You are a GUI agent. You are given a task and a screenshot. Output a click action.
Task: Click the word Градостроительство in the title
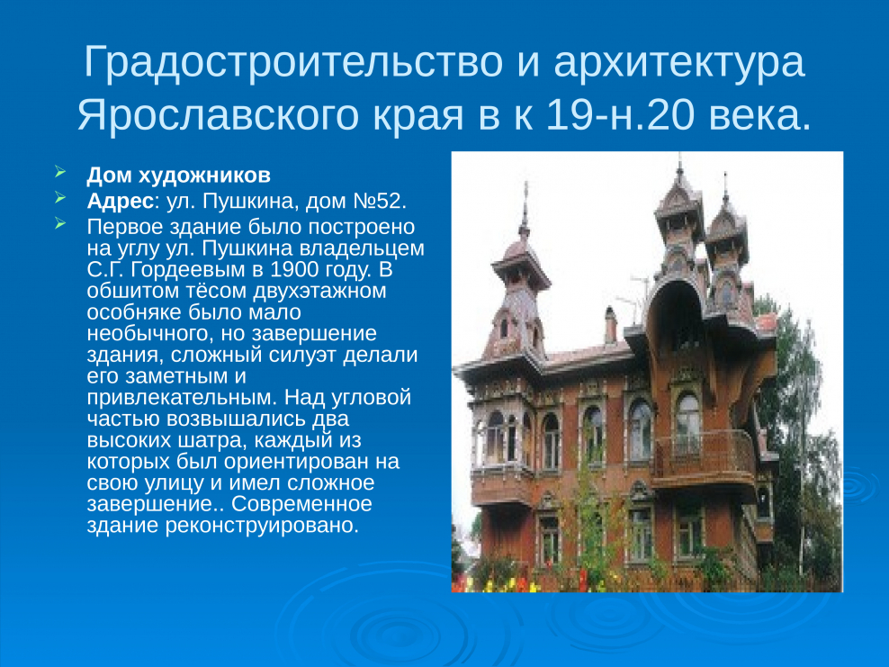click(293, 62)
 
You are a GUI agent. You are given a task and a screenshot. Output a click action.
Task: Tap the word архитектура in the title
click(679, 62)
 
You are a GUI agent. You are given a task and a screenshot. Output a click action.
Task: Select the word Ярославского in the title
click(219, 115)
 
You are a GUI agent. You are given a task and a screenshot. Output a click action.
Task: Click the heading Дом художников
click(178, 176)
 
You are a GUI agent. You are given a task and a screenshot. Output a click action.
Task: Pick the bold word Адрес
click(121, 201)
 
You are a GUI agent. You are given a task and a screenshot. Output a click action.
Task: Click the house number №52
click(380, 201)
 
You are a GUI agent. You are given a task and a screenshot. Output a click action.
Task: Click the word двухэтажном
click(319, 291)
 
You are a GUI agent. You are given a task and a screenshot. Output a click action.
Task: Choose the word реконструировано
click(262, 525)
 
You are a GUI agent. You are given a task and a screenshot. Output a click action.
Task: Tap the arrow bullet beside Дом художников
click(60, 171)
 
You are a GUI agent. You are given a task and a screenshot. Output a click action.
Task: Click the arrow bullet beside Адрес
click(60, 197)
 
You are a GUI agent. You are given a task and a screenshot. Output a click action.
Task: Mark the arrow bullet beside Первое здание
click(60, 223)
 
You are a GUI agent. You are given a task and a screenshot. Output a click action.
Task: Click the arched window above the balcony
click(687, 422)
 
